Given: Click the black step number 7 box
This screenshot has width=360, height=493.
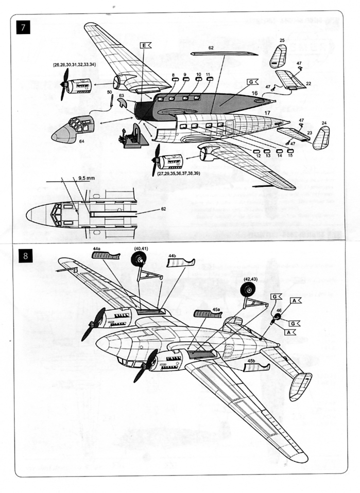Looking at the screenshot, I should pos(24,26).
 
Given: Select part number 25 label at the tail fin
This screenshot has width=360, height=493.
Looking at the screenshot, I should pos(282,40).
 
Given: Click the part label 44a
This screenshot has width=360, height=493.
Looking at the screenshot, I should pos(97,249).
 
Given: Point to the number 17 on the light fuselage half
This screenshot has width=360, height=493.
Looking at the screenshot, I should pos(267,112).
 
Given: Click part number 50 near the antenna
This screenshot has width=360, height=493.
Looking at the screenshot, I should pos(109,92).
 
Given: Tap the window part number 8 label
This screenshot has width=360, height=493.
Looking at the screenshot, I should pos(174,75).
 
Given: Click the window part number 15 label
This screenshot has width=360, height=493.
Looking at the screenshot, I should pos(290,155).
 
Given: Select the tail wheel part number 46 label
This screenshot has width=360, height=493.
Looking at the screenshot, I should pos(279,311).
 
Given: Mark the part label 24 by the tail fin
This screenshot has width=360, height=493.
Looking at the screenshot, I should pos(324,124).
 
